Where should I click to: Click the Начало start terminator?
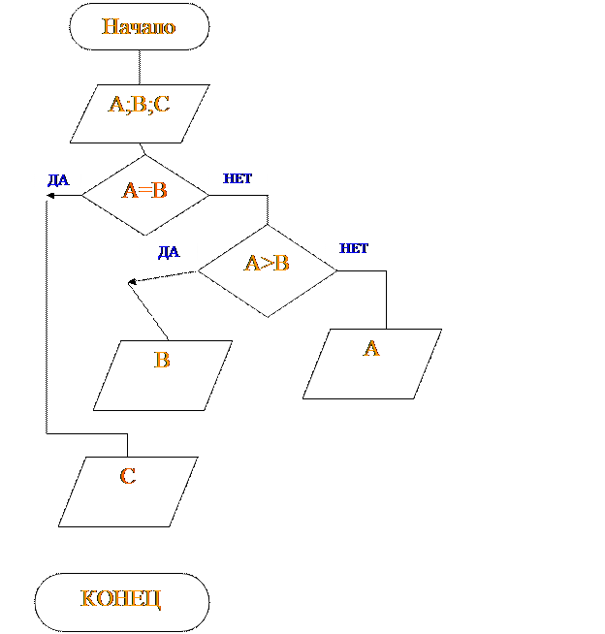pyautogui.click(x=140, y=26)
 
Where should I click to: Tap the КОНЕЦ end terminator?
pyautogui.click(x=122, y=602)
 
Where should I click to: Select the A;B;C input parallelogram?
pyautogui.click(x=140, y=113)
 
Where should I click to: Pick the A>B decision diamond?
pyautogui.click(x=268, y=270)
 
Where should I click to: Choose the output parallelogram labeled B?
pyautogui.click(x=163, y=375)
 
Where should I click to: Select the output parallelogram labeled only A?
pyautogui.click(x=372, y=364)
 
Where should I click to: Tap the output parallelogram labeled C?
pyautogui.click(x=128, y=491)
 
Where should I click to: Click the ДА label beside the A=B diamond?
pyautogui.click(x=58, y=179)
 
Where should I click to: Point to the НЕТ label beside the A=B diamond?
pyautogui.click(x=238, y=178)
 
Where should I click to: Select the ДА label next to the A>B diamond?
pyautogui.click(x=169, y=253)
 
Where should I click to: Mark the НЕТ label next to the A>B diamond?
pyautogui.click(x=354, y=248)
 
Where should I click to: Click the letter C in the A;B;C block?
pyautogui.click(x=162, y=105)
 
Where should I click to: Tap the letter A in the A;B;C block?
pyautogui.click(x=115, y=105)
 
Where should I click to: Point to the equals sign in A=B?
pyautogui.click(x=144, y=191)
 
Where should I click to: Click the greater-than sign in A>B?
pyautogui.click(x=266, y=263)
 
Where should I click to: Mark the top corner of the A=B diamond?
pyautogui.click(x=145, y=156)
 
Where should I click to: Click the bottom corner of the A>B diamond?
pyautogui.click(x=268, y=316)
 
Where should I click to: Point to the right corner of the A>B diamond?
pyautogui.click(x=335, y=270)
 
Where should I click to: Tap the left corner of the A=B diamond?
pyautogui.click(x=83, y=195)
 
